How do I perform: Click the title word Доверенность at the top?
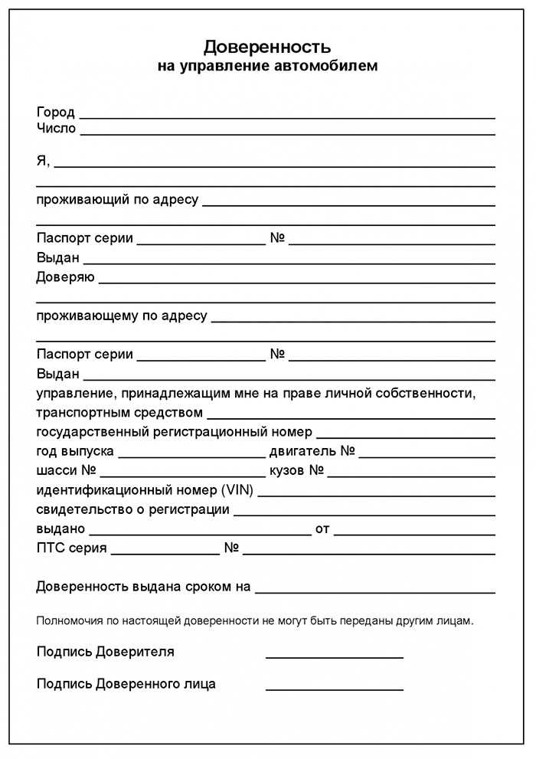[x=267, y=47]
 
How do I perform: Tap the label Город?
[x=56, y=112]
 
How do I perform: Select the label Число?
[x=57, y=128]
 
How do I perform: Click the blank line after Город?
[x=287, y=117]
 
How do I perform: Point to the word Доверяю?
[x=65, y=277]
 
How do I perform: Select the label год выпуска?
[x=76, y=451]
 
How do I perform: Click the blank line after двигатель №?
[x=427, y=456]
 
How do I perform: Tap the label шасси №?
[x=67, y=470]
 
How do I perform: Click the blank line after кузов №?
[x=411, y=476]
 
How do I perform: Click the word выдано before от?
[x=60, y=528]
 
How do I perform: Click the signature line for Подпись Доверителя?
[x=334, y=657]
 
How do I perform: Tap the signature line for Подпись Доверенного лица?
[x=334, y=689]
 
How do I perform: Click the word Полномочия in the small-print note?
[x=67, y=620]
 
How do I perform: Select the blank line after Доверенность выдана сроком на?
[x=374, y=592]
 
